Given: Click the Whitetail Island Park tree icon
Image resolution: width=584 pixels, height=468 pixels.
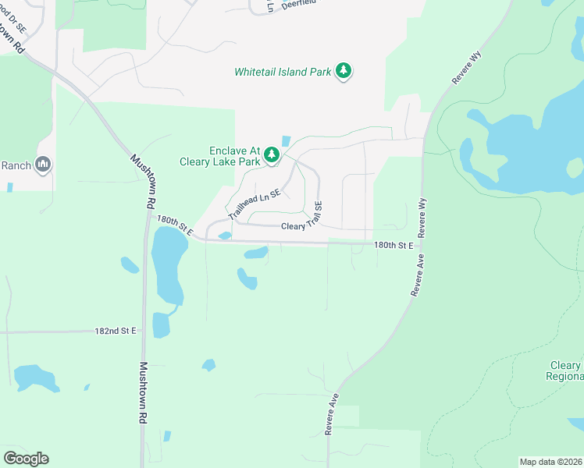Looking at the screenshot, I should [x=344, y=72].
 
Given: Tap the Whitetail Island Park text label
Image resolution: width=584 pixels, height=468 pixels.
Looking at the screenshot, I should [x=283, y=72].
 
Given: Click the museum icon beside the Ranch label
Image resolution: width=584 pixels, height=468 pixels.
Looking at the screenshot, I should [x=43, y=165].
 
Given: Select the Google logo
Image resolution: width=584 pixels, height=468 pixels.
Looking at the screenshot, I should [x=26, y=459].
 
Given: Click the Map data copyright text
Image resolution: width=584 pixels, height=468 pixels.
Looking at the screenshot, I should [x=551, y=461].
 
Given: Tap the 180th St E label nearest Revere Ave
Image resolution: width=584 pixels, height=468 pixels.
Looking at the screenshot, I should [x=393, y=245].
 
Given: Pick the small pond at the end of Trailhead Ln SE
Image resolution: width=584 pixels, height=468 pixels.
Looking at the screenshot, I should [x=225, y=236].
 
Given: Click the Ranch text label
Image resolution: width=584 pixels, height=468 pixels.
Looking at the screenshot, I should [x=15, y=165].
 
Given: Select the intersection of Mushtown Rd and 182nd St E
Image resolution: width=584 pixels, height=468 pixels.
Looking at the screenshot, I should [x=144, y=331].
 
